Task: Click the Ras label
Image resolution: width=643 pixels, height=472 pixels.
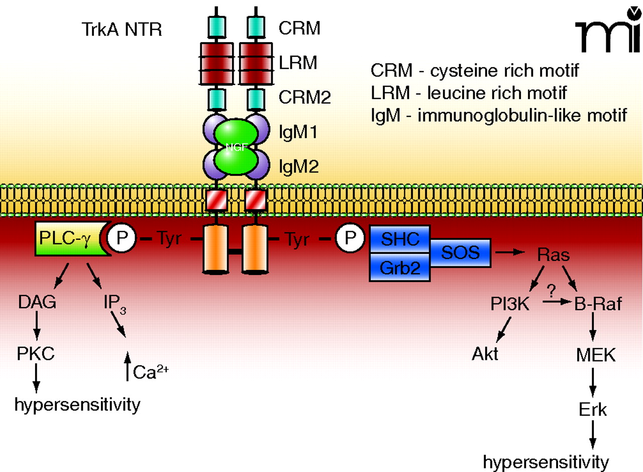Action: click(x=553, y=255)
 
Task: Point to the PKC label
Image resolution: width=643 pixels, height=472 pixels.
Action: click(x=35, y=355)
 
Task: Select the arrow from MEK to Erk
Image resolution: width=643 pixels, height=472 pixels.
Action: click(x=593, y=383)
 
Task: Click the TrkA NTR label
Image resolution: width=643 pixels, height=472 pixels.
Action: click(x=121, y=31)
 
